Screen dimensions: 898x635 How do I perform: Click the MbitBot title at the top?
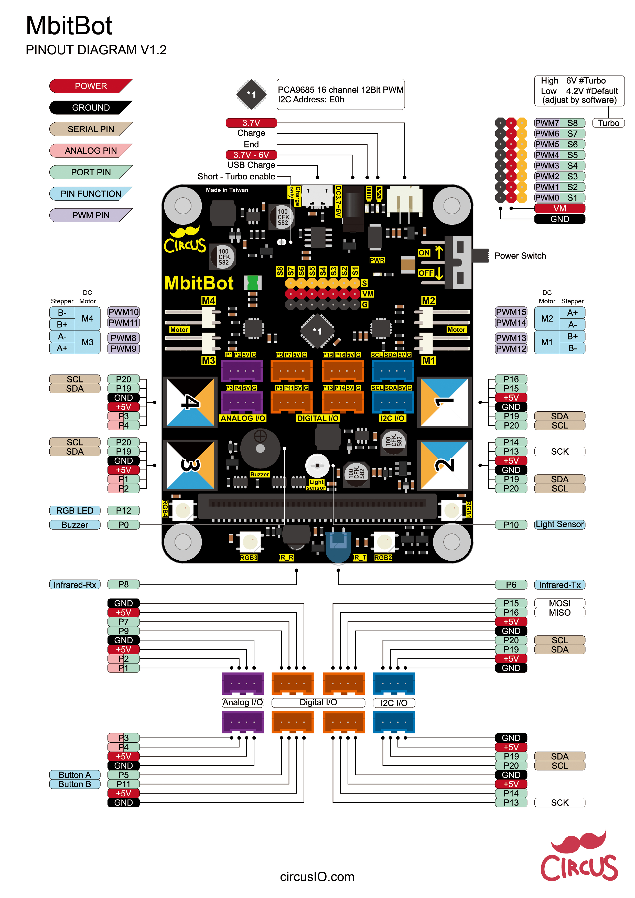69,26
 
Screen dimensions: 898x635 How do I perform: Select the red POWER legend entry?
90,86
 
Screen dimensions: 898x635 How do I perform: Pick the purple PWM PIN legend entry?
90,215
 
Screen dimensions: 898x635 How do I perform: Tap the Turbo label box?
608,123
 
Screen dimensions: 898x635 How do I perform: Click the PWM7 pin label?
547,123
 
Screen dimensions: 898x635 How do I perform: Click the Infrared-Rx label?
75,584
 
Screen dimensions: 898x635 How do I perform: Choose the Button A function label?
75,775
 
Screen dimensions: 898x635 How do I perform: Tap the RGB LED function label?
75,510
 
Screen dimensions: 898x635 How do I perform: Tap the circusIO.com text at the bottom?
317,876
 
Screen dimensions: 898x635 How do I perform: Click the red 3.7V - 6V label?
251,155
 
